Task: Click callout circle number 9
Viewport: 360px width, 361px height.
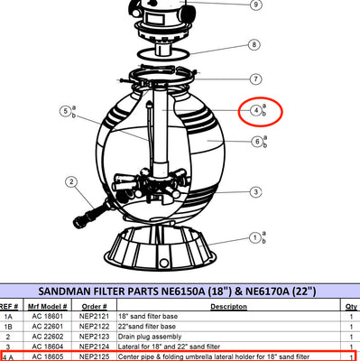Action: coord(256,5)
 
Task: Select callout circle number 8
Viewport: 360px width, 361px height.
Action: coord(254,45)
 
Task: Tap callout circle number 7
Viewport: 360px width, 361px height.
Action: coord(255,79)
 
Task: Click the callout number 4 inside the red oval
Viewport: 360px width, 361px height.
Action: coord(256,110)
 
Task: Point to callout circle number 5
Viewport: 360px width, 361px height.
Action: coord(65,111)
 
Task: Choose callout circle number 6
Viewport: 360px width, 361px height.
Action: coord(257,142)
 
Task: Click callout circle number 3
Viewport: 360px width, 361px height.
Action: coord(255,191)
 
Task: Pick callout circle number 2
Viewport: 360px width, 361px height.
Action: coord(71,181)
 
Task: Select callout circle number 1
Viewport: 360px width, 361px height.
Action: coord(255,238)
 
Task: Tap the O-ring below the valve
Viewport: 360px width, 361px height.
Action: coord(163,54)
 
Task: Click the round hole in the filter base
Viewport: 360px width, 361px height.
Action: coord(164,263)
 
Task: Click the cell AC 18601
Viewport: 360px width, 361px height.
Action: coord(48,316)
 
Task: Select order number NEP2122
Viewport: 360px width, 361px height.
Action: coord(94,327)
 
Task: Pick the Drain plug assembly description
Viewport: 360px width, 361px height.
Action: coord(150,337)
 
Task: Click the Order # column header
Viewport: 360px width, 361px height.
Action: coord(94,307)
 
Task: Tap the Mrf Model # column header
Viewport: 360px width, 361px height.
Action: coord(48,307)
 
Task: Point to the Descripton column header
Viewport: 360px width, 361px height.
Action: coord(228,307)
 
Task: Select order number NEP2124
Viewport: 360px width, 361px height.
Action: coord(94,347)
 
